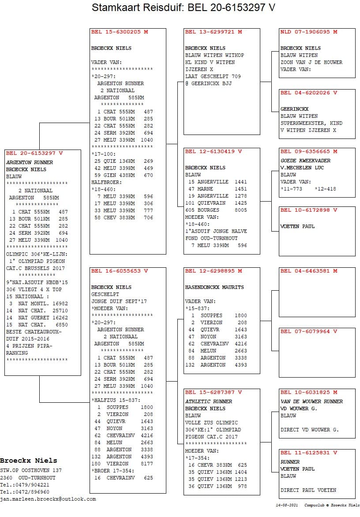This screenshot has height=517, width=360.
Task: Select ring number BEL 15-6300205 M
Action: (x=120, y=32)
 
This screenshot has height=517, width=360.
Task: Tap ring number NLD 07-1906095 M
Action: (x=309, y=32)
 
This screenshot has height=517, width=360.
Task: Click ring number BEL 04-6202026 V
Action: (x=309, y=93)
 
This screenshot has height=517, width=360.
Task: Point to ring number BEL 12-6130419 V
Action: (x=214, y=151)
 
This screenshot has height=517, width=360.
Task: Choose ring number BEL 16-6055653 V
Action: (x=120, y=271)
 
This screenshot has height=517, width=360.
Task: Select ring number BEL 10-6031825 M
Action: (x=309, y=392)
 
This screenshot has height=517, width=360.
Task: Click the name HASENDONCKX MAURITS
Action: (x=214, y=287)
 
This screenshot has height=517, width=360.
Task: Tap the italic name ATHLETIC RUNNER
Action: (x=208, y=401)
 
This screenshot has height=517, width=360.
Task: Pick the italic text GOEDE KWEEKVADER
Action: (x=305, y=161)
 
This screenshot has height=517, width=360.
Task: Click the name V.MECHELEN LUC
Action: (x=302, y=168)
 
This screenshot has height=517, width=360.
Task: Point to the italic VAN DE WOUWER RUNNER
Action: (x=311, y=401)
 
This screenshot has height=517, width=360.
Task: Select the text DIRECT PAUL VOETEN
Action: (x=308, y=490)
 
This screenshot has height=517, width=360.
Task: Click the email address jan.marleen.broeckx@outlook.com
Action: (x=48, y=499)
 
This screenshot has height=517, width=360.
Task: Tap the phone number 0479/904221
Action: (x=27, y=485)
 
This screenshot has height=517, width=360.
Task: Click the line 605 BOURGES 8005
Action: (x=216, y=210)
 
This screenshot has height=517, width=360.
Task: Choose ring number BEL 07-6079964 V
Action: (x=309, y=331)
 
